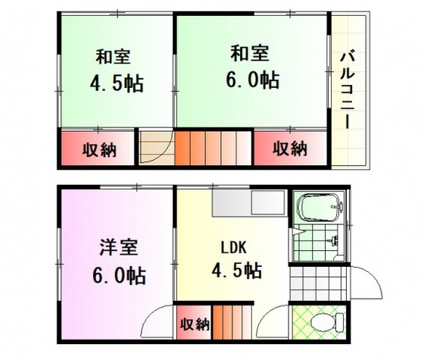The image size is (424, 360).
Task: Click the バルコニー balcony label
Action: [x=348, y=89]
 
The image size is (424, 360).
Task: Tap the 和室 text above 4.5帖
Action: [x=113, y=56]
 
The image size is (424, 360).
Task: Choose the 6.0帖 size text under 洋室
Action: [x=116, y=273]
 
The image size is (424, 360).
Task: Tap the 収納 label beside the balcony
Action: [x=290, y=148]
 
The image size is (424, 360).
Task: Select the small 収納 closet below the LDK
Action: [x=194, y=324]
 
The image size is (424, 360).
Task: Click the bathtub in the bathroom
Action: [x=319, y=207]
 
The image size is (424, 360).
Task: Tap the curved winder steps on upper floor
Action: [x=156, y=148]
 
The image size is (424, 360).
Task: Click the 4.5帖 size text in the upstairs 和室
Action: [x=113, y=82]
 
